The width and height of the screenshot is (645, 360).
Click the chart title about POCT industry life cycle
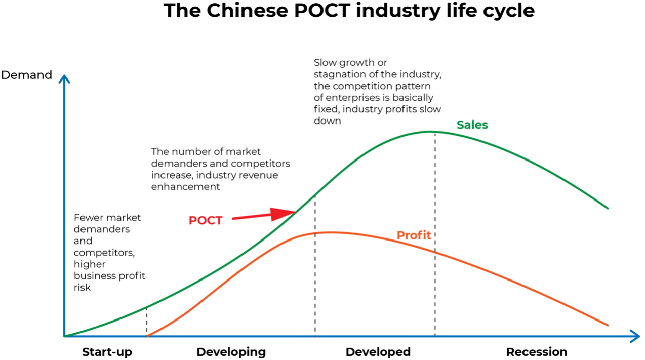click(x=349, y=11)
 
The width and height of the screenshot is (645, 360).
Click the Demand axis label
click(x=27, y=75)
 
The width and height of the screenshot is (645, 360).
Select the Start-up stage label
click(x=107, y=352)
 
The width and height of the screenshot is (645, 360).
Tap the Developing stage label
click(x=231, y=352)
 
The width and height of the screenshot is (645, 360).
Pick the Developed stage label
click(x=378, y=352)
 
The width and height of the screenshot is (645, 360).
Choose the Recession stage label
click(x=537, y=352)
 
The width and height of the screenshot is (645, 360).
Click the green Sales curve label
click(x=472, y=125)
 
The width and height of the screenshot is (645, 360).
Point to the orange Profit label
click(x=414, y=235)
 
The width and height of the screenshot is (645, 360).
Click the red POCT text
click(x=206, y=221)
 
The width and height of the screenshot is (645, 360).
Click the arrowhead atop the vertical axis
click(x=64, y=78)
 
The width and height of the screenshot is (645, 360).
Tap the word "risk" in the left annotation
click(x=82, y=287)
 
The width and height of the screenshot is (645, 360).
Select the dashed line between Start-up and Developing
click(x=147, y=322)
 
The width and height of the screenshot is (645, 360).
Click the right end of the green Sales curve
click(x=607, y=208)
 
